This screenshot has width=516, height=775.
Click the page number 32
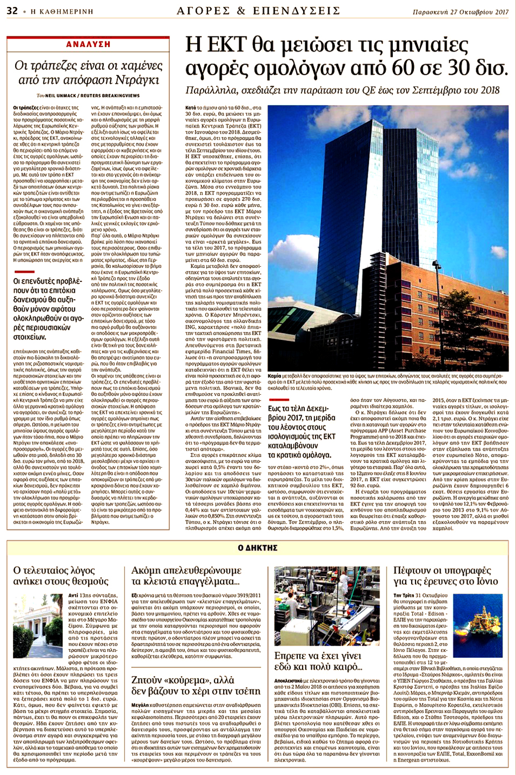12,11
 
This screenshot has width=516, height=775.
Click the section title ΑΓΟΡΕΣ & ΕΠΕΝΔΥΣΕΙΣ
258,11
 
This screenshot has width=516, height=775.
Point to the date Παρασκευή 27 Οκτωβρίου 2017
461,11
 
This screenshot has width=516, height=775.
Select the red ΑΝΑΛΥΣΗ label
88,44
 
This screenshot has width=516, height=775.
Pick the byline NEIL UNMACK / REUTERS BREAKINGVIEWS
92,96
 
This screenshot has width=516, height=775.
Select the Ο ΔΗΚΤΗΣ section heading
258,548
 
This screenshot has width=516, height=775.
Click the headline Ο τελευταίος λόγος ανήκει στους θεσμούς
61,575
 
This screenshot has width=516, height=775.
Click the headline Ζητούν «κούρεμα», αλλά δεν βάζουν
196,685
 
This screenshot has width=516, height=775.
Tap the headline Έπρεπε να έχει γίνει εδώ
318,661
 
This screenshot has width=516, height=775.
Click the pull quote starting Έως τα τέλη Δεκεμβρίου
302,432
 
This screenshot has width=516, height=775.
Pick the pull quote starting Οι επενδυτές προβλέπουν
48,309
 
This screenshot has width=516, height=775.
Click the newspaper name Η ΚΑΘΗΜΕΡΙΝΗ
62,11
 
